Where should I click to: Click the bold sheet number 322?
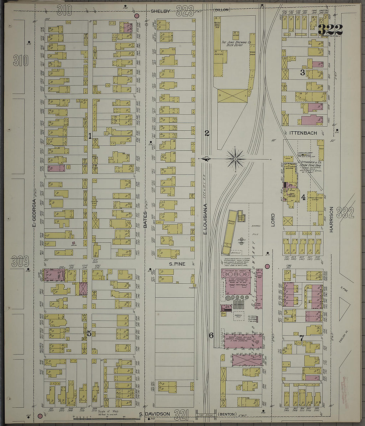(x=330, y=30)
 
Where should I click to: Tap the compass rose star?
(x=235, y=159)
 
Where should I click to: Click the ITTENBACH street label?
(x=303, y=133)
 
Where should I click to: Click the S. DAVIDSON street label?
(x=154, y=414)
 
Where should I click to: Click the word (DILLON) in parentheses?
(x=221, y=10)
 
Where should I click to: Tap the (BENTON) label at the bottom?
(x=227, y=414)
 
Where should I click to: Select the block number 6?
(x=211, y=336)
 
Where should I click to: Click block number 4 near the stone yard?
(x=303, y=198)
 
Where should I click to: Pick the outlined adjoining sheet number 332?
(x=345, y=213)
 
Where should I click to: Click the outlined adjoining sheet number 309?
(x=20, y=262)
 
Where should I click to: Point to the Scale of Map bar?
(x=96, y=418)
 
